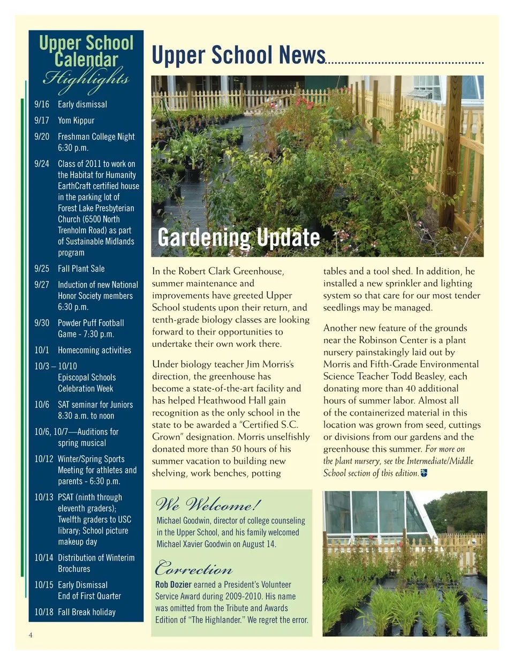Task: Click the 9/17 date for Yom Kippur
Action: (42, 120)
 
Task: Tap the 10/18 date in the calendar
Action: (44, 612)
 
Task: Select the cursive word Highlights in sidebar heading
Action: (86, 79)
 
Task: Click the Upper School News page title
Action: (238, 55)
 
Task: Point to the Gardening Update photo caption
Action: (239, 237)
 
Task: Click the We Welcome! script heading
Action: (208, 504)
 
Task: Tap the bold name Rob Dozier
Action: (173, 585)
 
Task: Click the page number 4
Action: (31, 635)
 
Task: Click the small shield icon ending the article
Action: (424, 473)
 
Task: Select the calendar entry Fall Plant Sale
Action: (81, 268)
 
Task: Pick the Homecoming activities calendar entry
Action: (94, 350)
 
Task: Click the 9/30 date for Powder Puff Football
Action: (42, 323)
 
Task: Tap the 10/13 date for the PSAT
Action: (44, 497)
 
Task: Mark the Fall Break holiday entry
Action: (87, 612)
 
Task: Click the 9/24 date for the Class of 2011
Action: (42, 164)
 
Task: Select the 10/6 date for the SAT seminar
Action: (42, 405)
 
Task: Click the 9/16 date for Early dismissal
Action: (42, 104)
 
